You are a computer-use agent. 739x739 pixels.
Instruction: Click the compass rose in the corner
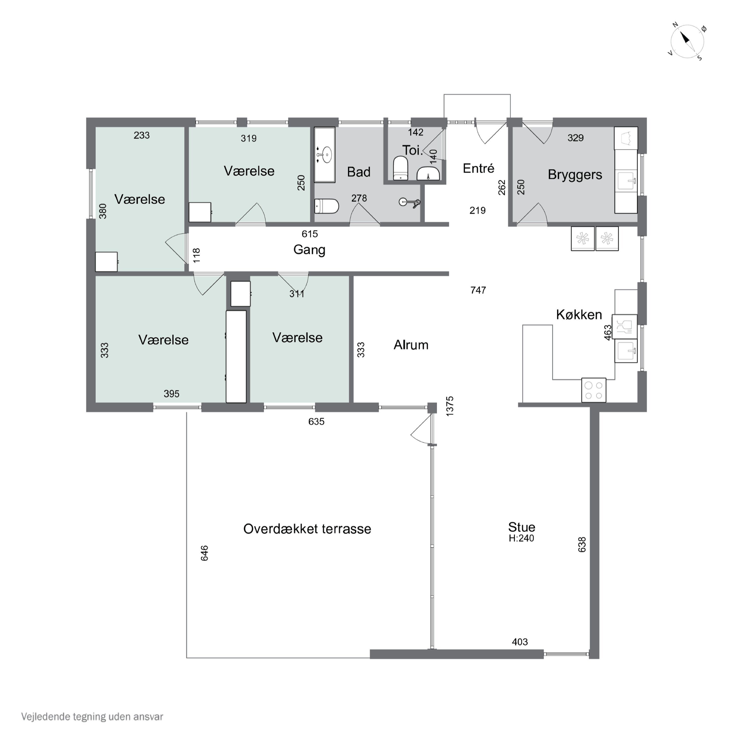click(x=687, y=41)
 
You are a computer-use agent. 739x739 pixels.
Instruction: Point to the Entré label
click(x=478, y=168)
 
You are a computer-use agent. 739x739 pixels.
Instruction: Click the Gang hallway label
click(x=309, y=250)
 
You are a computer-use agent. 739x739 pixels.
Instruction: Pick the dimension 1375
click(x=450, y=406)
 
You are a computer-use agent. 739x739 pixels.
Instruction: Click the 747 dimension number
click(x=478, y=290)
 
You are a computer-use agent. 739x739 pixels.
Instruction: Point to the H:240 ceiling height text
click(x=521, y=538)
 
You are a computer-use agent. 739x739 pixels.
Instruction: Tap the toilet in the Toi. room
click(x=401, y=168)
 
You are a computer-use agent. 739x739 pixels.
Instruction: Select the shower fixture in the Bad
click(x=409, y=202)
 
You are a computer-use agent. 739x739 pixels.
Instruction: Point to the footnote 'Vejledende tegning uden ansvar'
click(x=92, y=716)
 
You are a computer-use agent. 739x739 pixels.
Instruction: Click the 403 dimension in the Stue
click(x=520, y=642)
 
